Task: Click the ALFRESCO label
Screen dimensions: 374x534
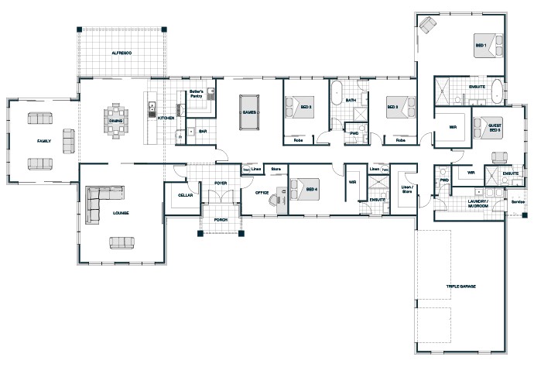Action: [122, 52]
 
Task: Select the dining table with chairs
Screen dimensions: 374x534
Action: [116, 120]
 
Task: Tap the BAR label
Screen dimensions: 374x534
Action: [203, 131]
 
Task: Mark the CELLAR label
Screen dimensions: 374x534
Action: [185, 195]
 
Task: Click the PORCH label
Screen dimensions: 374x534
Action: [221, 219]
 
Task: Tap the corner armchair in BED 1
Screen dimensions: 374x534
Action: [428, 26]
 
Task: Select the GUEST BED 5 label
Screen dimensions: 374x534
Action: [494, 129]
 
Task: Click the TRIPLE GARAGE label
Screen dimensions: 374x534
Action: [460, 287]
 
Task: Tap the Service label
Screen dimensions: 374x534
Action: [517, 203]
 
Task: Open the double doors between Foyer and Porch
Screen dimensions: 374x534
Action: [221, 203]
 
